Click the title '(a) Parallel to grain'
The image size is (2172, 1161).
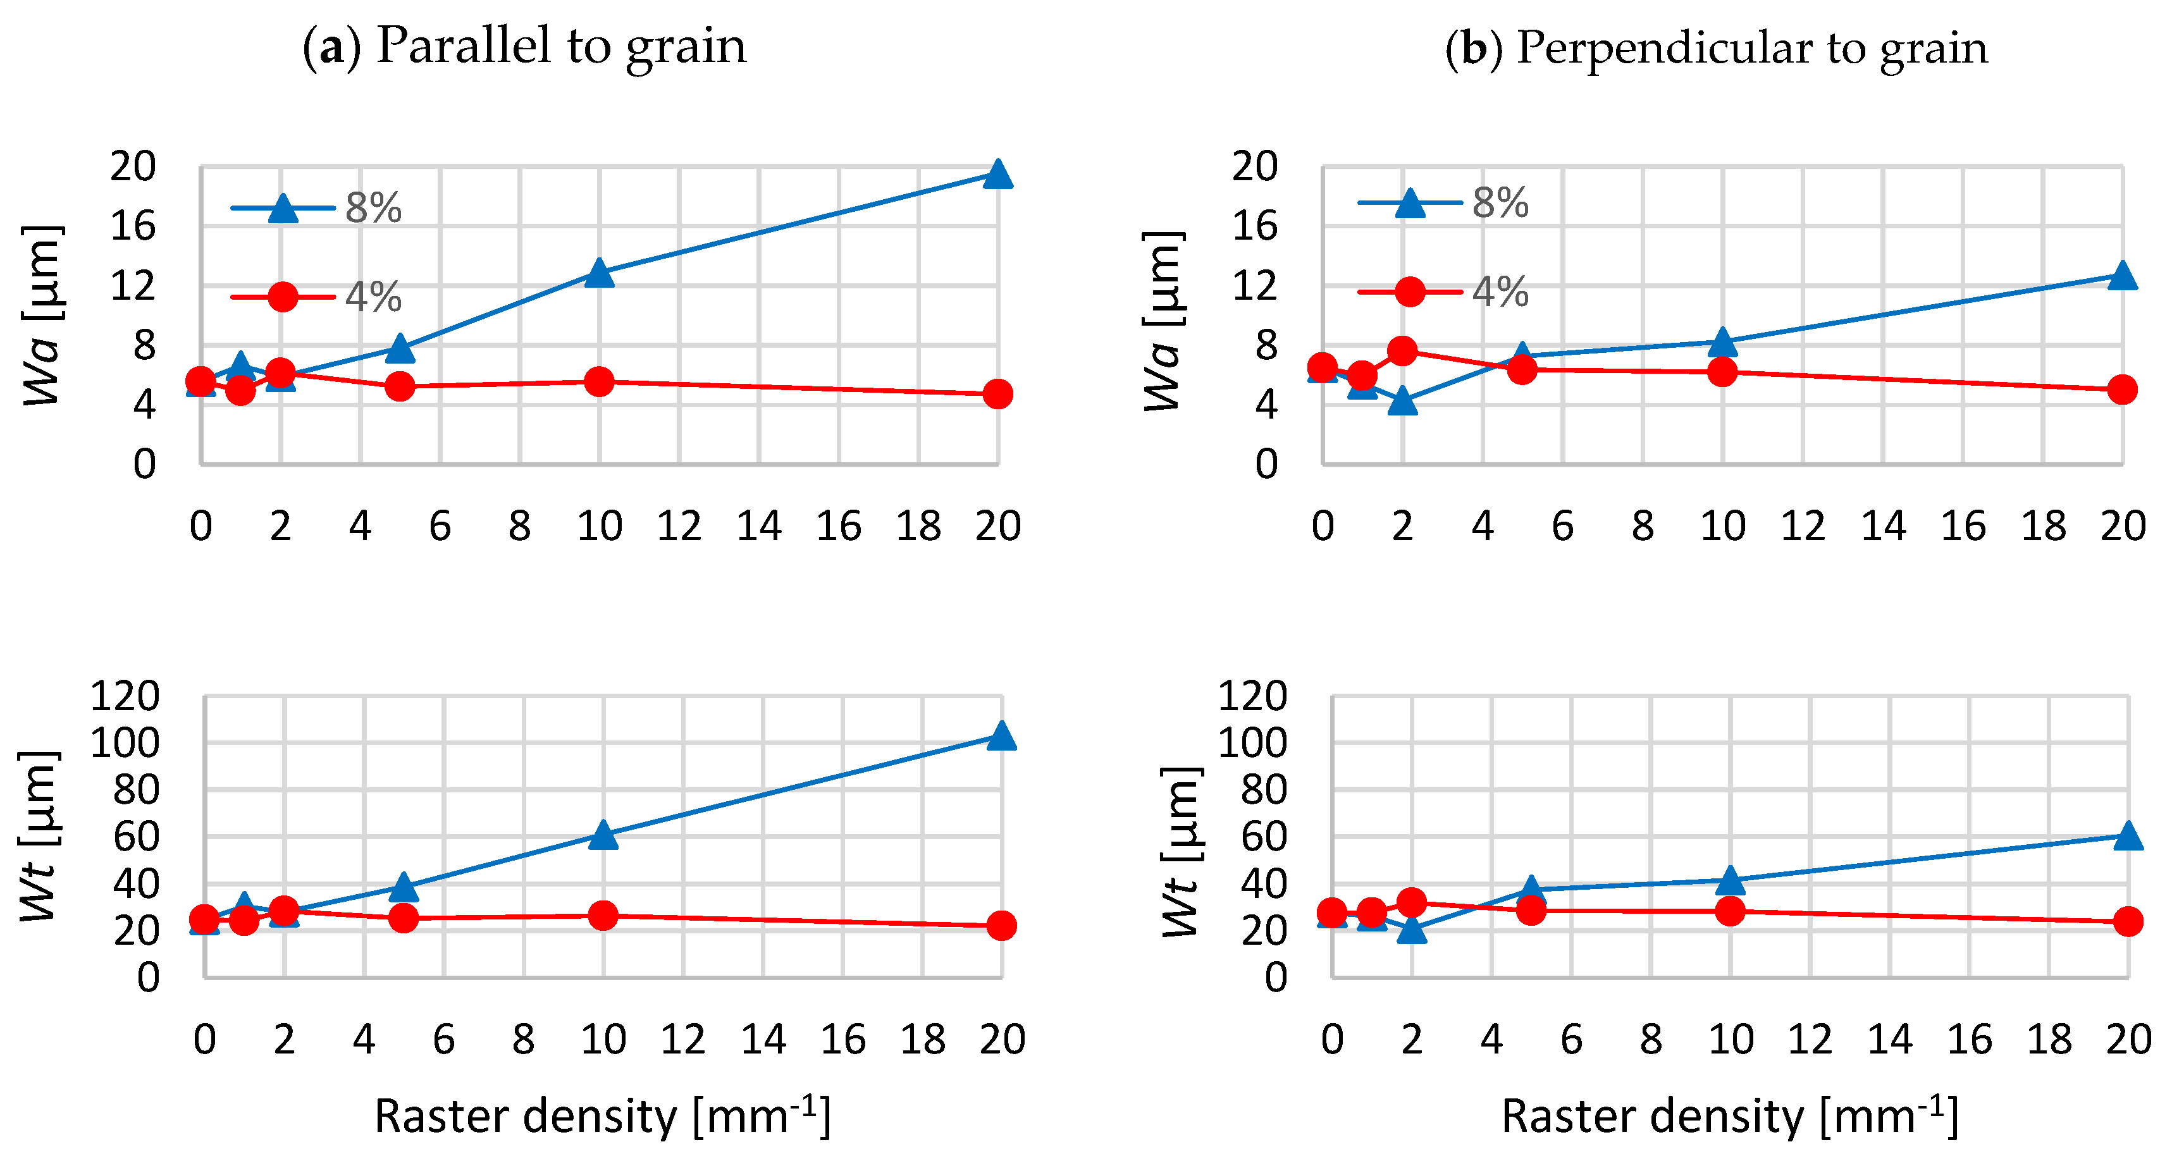(x=524, y=46)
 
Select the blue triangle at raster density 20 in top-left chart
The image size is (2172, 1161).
(x=997, y=175)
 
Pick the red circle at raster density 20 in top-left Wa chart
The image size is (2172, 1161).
(x=997, y=394)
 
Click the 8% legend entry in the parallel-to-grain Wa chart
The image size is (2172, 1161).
(x=317, y=207)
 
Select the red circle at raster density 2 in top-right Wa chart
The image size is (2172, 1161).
(x=1402, y=351)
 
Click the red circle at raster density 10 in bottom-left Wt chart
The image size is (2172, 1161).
(x=603, y=915)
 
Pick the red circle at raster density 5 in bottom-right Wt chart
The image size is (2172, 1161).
(x=1531, y=910)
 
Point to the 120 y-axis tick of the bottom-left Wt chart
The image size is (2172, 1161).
(x=125, y=696)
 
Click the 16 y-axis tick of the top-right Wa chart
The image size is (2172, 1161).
(x=1255, y=226)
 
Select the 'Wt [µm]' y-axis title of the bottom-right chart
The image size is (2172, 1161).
(x=1180, y=852)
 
